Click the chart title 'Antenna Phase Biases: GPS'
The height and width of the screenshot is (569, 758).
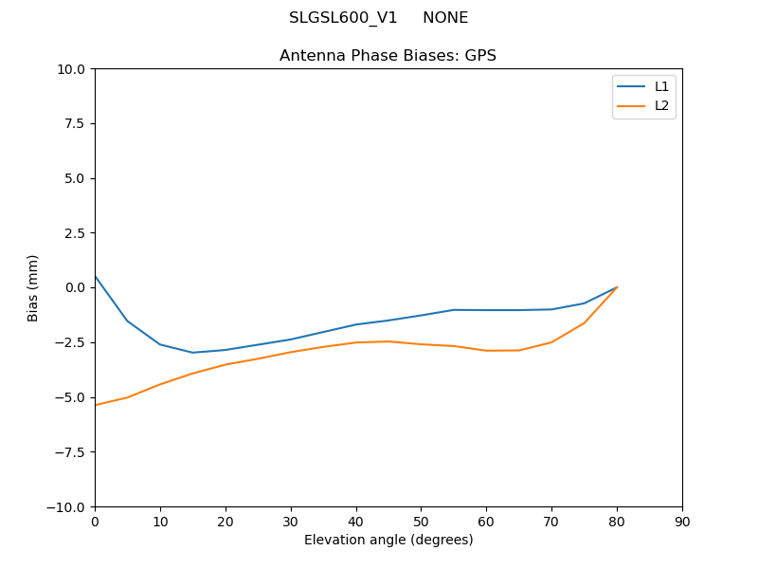[x=388, y=56]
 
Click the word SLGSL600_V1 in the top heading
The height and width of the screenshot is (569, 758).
[x=343, y=18]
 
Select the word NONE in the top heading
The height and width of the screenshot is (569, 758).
[x=445, y=18]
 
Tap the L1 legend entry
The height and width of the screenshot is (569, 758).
[x=661, y=86]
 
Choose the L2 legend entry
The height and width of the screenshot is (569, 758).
[x=661, y=105]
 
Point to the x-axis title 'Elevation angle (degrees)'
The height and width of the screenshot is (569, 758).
[x=388, y=541]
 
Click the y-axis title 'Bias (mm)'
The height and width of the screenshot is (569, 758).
[x=33, y=287]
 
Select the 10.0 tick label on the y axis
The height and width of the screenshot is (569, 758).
[x=72, y=69]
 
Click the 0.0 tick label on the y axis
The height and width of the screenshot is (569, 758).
[x=76, y=288]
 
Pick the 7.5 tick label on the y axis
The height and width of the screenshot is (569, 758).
[x=76, y=124]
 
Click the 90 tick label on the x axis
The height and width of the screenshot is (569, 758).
[x=682, y=522]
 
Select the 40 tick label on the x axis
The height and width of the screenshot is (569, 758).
[x=355, y=522]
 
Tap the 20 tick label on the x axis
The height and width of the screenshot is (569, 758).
[x=226, y=522]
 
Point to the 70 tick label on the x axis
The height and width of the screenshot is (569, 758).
[x=551, y=522]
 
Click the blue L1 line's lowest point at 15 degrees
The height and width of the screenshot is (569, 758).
[x=192, y=353]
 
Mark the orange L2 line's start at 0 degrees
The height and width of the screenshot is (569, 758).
[x=95, y=405]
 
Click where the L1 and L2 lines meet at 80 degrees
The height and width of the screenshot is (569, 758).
[x=617, y=287]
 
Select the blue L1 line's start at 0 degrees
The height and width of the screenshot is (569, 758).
[x=95, y=276]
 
